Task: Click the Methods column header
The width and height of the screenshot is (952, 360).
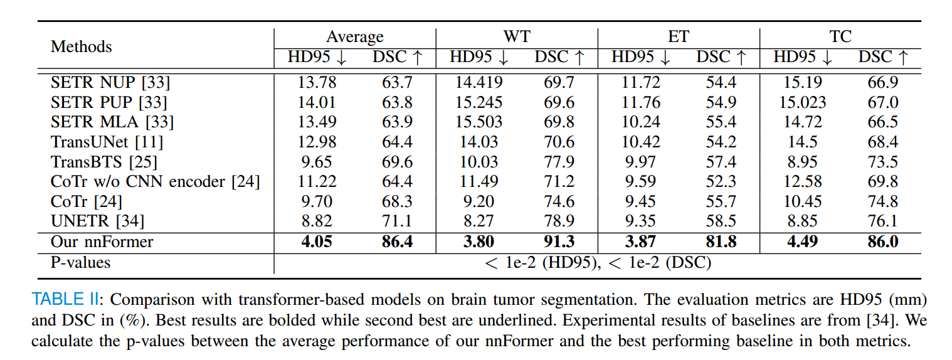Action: [81, 47]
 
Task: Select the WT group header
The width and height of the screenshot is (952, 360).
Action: [517, 37]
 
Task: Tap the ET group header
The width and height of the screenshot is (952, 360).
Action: [679, 37]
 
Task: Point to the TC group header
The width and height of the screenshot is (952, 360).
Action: [840, 37]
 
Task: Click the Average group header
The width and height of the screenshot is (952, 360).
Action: [355, 37]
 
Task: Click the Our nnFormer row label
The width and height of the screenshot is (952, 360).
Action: [102, 241]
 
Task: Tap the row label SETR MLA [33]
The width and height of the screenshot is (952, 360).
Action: [112, 122]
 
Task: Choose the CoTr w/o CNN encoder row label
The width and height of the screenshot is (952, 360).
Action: [155, 181]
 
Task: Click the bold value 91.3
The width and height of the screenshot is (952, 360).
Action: [554, 241]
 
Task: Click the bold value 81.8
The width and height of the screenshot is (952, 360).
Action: [716, 241]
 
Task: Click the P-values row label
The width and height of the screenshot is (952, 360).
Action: [80, 262]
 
